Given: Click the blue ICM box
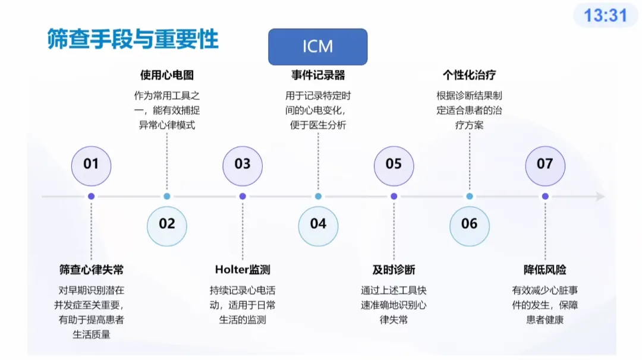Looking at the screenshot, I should point(317,47).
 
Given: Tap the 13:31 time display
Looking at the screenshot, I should point(605,15).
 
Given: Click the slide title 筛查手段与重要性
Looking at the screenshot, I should point(133,39).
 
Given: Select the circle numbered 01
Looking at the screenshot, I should point(91,163).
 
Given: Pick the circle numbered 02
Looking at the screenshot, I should point(167,224).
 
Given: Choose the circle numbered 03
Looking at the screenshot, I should point(243,163).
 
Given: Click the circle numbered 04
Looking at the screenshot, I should point(318,224).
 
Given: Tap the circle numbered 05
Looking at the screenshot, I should point(394,163).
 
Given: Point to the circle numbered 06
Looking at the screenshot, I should point(469,224).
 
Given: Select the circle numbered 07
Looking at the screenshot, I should point(545,163).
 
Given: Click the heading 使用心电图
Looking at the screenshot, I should point(167,75).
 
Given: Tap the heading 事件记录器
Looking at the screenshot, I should point(318,75).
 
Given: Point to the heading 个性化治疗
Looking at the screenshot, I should point(469,75).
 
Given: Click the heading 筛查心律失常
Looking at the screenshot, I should point(91,270).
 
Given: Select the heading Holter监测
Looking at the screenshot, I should point(243,270).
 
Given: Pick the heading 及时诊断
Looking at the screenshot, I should point(394,270).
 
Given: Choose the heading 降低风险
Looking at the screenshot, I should point(545,270).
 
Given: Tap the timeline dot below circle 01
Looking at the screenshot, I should point(91,196).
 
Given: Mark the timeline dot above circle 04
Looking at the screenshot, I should point(318,196).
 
